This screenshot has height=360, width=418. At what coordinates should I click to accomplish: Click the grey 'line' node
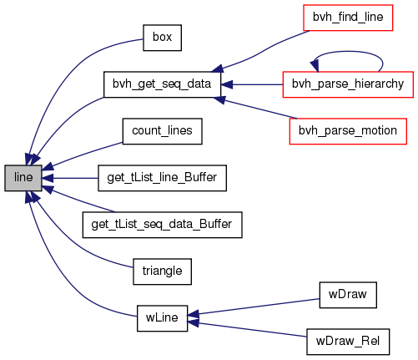[23, 178]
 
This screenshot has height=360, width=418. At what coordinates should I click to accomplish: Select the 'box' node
[162, 38]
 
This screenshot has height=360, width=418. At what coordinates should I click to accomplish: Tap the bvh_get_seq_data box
[162, 84]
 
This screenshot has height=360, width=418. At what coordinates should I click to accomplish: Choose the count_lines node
[162, 131]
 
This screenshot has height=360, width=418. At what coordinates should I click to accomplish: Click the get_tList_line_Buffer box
[162, 178]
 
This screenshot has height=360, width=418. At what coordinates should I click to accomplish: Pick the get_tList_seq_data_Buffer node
[162, 225]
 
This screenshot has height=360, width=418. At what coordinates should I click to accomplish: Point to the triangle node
[162, 271]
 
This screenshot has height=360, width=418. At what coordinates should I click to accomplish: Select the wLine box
[162, 318]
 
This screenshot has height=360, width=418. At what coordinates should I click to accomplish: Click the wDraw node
[348, 295]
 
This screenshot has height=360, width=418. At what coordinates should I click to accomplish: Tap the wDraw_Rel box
[348, 342]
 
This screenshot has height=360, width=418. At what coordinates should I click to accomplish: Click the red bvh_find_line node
[348, 18]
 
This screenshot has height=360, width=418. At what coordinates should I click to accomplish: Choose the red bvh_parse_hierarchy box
[348, 84]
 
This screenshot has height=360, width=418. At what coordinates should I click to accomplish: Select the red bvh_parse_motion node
[348, 131]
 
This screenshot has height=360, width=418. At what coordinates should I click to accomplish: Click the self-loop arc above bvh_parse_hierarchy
[348, 51]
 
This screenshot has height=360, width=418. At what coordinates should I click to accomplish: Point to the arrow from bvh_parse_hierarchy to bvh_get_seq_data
[252, 84]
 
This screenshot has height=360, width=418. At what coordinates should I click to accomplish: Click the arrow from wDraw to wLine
[254, 307]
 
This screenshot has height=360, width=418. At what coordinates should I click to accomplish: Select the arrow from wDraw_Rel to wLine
[248, 329]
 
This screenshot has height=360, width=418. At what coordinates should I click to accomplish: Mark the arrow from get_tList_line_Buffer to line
[70, 178]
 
